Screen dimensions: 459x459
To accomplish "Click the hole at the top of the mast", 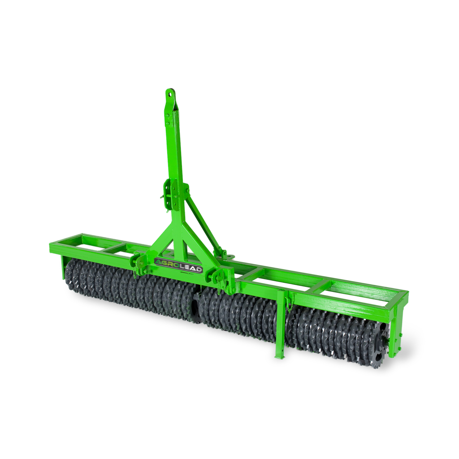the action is [x=170, y=94].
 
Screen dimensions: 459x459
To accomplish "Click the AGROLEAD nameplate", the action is [x=178, y=265].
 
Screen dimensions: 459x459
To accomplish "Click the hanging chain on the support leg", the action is [x=290, y=303].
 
